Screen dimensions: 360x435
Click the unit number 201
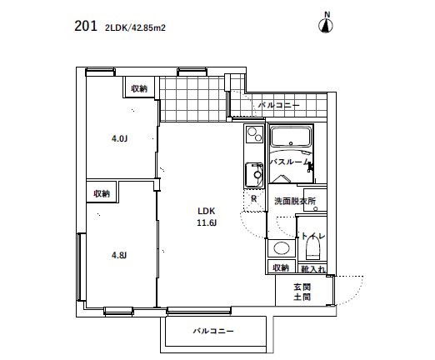tap(84, 27)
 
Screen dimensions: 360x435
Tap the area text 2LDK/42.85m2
tap(136, 27)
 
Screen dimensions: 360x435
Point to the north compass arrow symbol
tap(327, 24)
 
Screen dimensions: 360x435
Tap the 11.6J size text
tap(207, 223)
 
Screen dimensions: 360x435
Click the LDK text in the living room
tap(207, 211)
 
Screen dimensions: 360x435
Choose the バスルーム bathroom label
tap(291, 162)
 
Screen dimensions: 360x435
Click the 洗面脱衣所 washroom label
tap(295, 202)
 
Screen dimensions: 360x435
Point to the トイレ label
tap(313, 237)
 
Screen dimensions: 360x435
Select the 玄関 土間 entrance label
tap(302, 292)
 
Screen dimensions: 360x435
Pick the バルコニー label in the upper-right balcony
tap(279, 106)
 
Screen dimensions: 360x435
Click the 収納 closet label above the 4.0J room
tap(138, 88)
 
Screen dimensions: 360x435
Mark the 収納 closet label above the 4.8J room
tap(102, 192)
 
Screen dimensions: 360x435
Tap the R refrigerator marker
tap(253, 198)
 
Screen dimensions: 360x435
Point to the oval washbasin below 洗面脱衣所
tap(282, 247)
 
